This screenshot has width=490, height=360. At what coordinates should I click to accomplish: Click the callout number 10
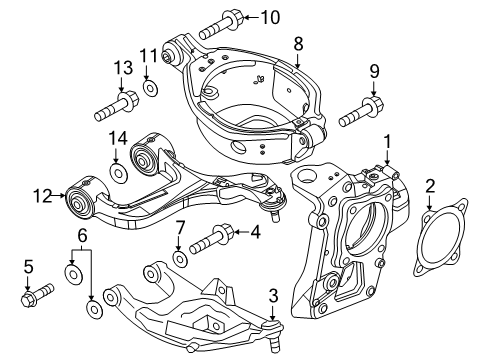[270, 17]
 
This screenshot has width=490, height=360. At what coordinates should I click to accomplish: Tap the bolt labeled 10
[222, 24]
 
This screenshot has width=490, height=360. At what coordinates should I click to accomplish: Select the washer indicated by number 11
[150, 88]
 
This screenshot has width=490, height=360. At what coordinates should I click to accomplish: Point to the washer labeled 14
[119, 173]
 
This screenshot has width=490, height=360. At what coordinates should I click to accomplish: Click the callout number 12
[43, 196]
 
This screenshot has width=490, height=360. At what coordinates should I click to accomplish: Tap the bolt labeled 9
[361, 112]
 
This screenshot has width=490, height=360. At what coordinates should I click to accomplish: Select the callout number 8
[298, 43]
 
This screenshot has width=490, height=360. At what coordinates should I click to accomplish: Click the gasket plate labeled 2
[440, 237]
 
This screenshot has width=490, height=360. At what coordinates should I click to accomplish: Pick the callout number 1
[387, 142]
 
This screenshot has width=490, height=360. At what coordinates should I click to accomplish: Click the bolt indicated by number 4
[212, 239]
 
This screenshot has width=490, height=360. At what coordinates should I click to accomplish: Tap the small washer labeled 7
[180, 258]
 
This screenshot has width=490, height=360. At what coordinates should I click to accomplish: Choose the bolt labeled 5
[37, 294]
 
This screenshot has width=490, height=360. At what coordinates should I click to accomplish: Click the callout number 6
[82, 236]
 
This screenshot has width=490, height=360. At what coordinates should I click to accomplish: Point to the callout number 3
[273, 296]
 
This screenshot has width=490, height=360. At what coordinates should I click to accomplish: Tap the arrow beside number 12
[59, 196]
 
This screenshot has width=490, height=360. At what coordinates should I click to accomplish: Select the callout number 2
[430, 186]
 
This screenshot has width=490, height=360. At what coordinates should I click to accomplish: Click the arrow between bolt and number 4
[241, 232]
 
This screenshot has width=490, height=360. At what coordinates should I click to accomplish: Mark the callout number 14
[118, 138]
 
